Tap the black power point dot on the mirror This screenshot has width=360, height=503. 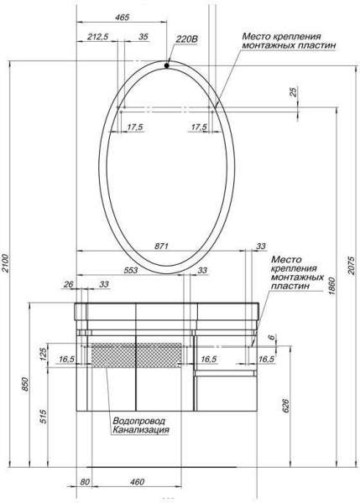(x=168, y=65)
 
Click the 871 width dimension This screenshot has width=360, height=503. (x=163, y=246)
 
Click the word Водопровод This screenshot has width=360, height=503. (x=138, y=421)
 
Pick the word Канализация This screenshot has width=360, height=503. (x=140, y=431)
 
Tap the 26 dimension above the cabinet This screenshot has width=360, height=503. (x=68, y=285)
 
